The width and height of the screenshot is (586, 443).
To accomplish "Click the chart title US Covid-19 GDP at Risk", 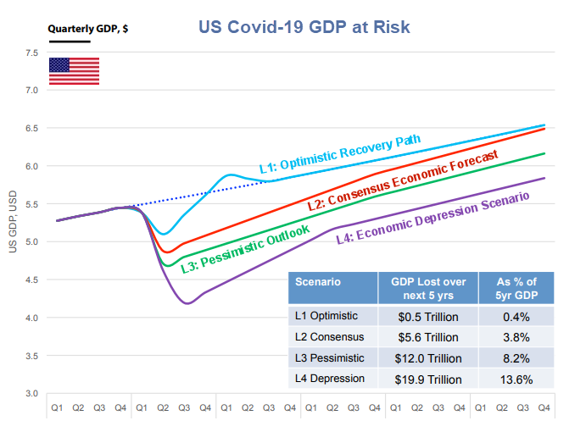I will coord(304,27).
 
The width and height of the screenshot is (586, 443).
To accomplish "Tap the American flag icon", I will coord(74,71).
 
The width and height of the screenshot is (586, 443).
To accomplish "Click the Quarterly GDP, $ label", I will coord(87,28).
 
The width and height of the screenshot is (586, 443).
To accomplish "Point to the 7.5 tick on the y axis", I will coord(31,53).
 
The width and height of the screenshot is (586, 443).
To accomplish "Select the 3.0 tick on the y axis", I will coord(31,394).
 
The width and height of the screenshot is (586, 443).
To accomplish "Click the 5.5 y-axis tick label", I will coord(31,204).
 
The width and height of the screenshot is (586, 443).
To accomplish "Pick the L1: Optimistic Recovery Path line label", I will coord(339,152).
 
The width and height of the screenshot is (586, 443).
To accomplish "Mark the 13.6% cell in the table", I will coord(515,378).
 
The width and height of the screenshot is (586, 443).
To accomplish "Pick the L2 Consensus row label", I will coord(328,337).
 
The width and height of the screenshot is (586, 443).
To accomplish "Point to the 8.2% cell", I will coord(515,357).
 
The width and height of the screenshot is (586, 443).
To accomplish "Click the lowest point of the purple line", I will coord(187,303).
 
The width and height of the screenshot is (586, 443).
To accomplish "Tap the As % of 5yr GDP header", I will coord(515,286).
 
